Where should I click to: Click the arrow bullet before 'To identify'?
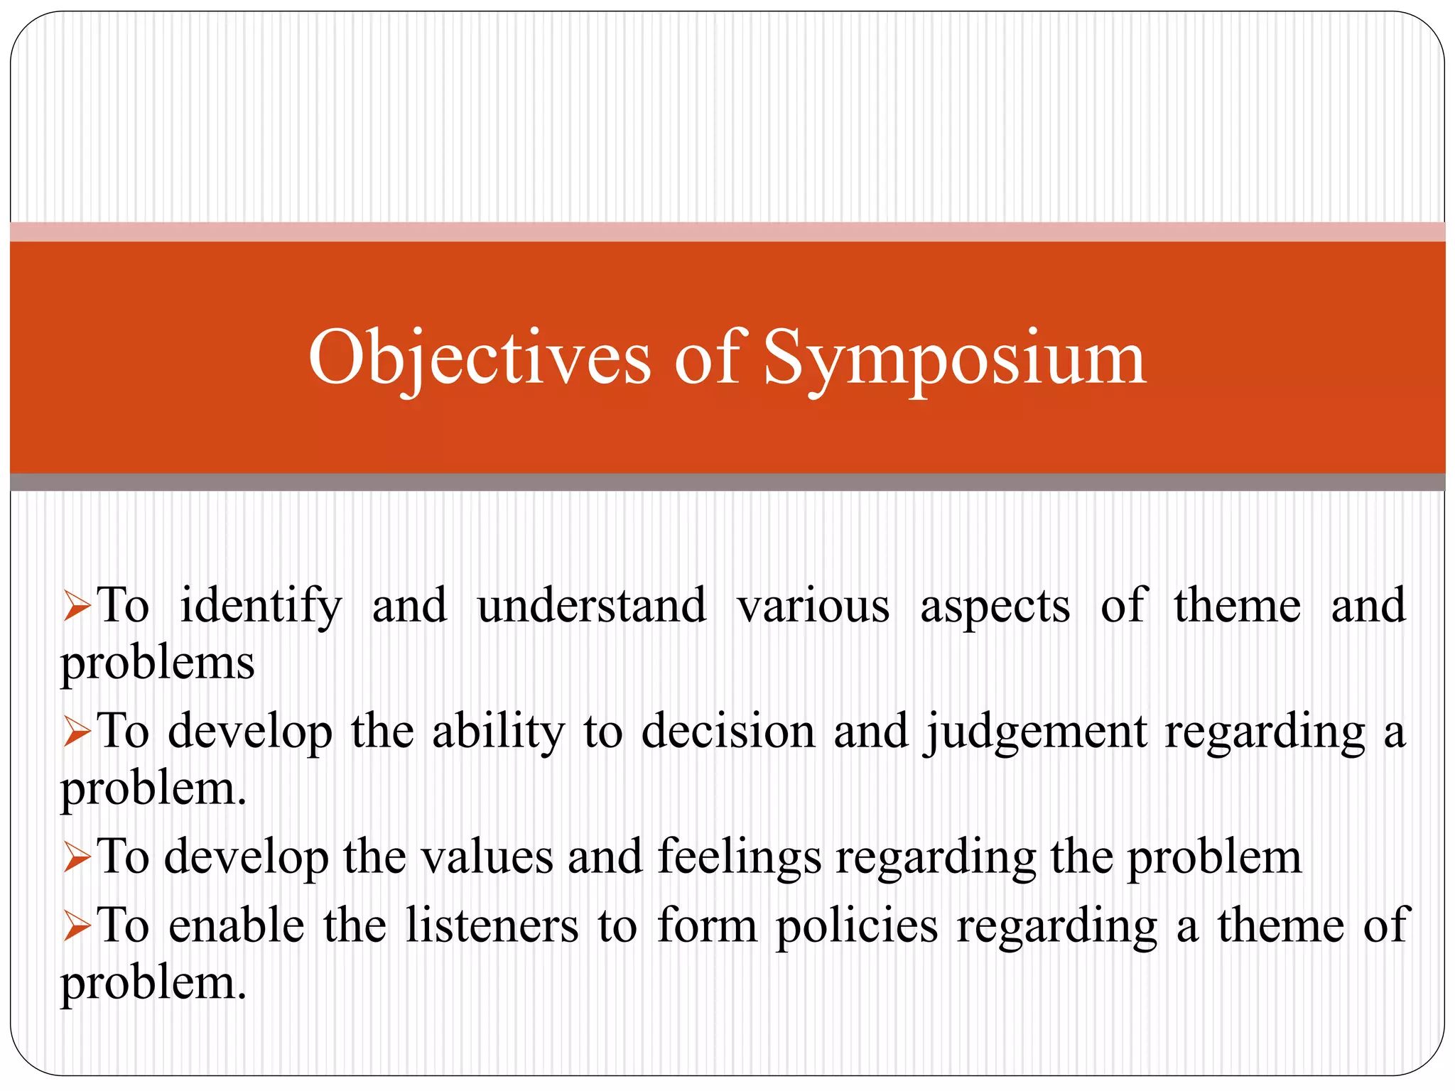(77, 607)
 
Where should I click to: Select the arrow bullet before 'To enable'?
(77, 927)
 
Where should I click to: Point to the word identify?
(261, 607)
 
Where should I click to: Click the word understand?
(592, 605)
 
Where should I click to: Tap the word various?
(813, 607)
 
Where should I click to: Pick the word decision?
(728, 732)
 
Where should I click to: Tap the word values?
(487, 857)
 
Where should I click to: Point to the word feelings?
(740, 858)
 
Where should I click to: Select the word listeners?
(492, 926)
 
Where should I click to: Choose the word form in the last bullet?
(707, 926)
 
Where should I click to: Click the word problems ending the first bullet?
(158, 664)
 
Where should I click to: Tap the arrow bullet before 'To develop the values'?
(77, 857)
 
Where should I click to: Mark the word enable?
(237, 926)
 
